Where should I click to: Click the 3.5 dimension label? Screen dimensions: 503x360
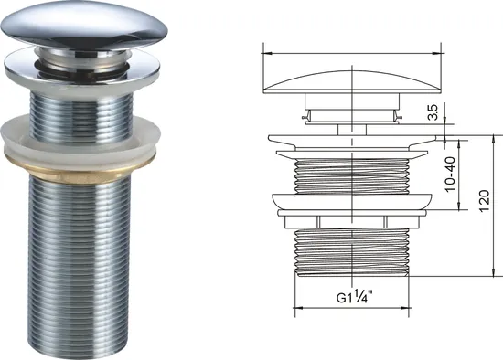[433, 112]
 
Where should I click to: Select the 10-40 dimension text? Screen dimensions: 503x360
[450, 174]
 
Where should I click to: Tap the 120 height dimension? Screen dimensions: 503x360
[485, 201]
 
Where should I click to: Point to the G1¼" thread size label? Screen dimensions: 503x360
[355, 297]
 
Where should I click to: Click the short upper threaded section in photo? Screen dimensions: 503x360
[80, 116]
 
